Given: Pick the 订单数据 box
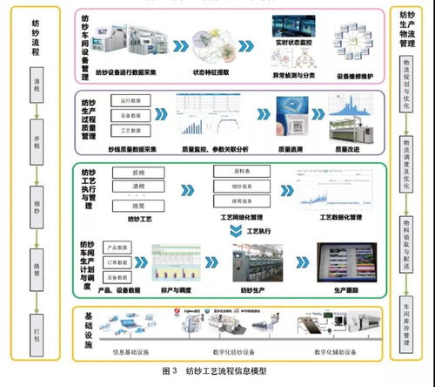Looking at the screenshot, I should click(x=117, y=260).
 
